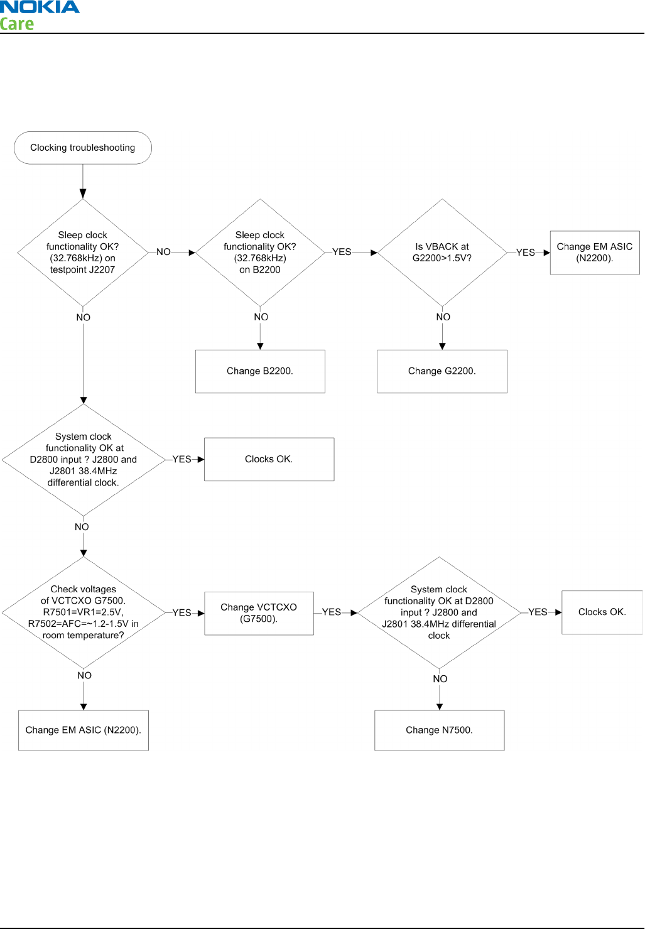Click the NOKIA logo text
(x=40, y=7)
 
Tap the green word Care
(x=17, y=24)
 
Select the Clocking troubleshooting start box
(x=82, y=148)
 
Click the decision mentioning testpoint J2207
(x=82, y=253)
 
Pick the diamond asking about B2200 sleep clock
(x=260, y=253)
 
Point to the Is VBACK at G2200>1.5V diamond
(x=442, y=253)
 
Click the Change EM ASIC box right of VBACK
(x=595, y=253)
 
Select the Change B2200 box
(x=260, y=371)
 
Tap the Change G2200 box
(x=442, y=371)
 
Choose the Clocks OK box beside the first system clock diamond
(x=269, y=460)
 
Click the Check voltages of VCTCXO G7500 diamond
(x=84, y=612)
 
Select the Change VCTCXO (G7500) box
(x=259, y=614)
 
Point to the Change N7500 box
(x=439, y=731)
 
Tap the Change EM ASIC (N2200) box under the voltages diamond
(x=84, y=731)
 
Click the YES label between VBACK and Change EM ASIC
(x=526, y=253)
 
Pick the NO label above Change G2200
(x=443, y=317)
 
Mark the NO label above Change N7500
(x=440, y=679)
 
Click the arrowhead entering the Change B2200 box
(x=260, y=347)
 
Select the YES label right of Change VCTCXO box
(x=332, y=612)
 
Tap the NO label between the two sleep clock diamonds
(x=163, y=252)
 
